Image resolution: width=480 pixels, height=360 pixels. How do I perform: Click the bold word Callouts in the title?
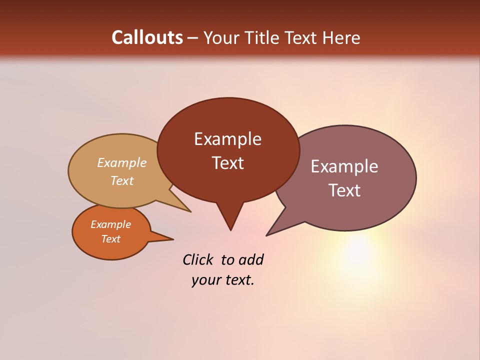point(147,37)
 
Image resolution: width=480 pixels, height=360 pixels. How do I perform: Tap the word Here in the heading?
point(341,37)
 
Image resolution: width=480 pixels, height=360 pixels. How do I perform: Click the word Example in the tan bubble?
point(121,162)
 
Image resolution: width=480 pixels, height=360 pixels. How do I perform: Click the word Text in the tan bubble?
point(121,180)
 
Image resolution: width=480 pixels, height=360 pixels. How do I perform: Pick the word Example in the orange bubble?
point(110,224)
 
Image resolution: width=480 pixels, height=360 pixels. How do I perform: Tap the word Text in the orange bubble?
point(110,239)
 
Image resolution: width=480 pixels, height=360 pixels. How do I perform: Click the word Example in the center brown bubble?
point(227,139)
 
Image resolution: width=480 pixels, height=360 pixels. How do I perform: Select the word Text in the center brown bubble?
point(227,163)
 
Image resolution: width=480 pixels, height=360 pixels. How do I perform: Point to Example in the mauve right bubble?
point(344,166)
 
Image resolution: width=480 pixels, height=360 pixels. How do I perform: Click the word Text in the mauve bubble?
point(344,190)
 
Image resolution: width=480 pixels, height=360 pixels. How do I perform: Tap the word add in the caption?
point(251,259)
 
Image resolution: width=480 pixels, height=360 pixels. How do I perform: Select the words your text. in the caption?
point(222,280)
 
